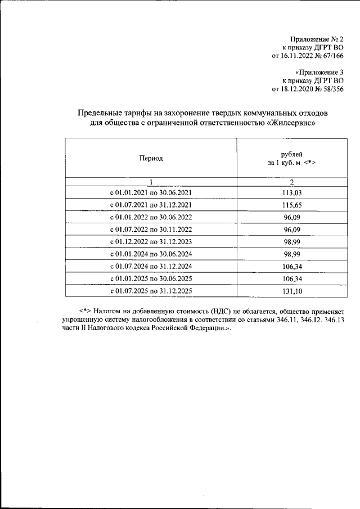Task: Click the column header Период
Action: [x=151, y=158]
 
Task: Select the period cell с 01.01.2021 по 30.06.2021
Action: [x=151, y=192]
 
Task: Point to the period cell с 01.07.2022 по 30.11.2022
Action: [x=151, y=229]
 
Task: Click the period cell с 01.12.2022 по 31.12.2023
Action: [x=151, y=242]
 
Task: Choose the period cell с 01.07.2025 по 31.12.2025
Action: [x=151, y=291]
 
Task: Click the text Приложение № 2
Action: [x=317, y=39]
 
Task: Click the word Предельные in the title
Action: [x=98, y=113]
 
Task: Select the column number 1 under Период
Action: [x=151, y=181]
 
